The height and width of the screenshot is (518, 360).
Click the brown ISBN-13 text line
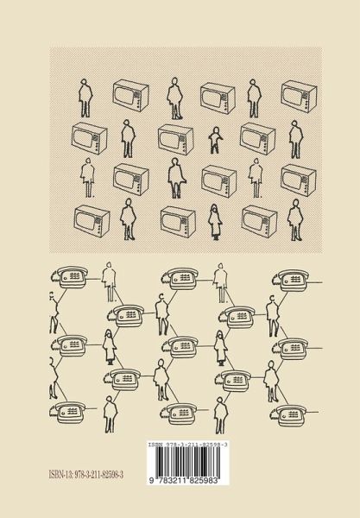pos(85,475)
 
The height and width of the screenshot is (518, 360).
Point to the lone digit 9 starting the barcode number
pos(151,481)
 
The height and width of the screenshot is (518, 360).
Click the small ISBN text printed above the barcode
pos(187,445)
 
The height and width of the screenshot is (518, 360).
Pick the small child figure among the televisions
pos(215,141)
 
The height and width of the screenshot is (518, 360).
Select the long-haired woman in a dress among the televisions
pos(215,222)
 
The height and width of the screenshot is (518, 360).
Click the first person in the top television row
pos(85,98)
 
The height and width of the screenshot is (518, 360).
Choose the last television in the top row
pos(299,97)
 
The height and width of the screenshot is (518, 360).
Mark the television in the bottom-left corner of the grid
pos(92,221)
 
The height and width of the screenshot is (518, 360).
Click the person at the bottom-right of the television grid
pos(295,219)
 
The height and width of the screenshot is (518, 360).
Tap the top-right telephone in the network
pos(291,281)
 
